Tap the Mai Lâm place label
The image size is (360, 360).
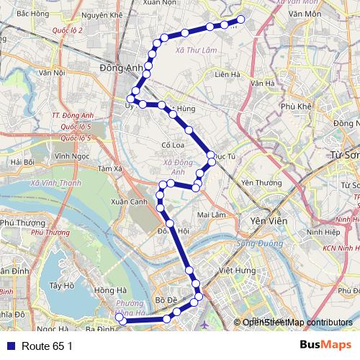click(211, 215)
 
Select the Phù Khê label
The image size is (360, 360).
click(296, 106)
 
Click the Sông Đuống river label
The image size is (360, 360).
click(255, 245)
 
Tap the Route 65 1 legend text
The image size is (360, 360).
click(48, 346)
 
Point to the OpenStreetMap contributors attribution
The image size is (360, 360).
click(295, 323)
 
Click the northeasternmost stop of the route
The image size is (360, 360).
click(240, 19)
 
